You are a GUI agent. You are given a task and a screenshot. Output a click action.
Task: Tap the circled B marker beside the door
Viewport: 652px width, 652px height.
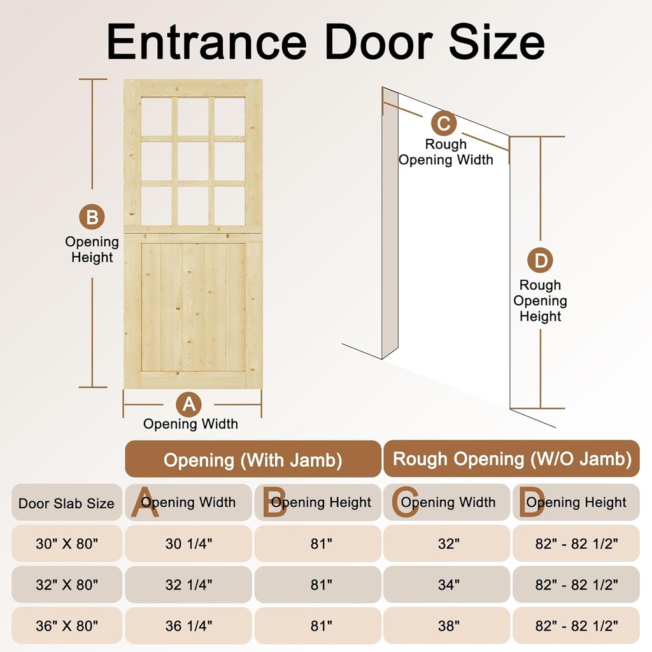tap(92, 217)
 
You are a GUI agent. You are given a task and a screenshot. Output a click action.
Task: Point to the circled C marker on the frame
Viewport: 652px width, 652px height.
tap(444, 122)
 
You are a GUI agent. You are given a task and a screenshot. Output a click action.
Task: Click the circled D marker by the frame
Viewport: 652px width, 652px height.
tap(540, 260)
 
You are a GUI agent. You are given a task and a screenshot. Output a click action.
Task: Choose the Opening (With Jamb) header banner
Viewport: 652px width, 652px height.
tap(253, 460)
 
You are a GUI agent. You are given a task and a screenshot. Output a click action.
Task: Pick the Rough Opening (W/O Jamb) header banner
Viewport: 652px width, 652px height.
tap(512, 459)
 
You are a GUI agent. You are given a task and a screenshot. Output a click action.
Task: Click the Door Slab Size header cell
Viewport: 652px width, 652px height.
tap(66, 503)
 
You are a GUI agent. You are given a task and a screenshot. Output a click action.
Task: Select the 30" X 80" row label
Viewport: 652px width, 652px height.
tap(67, 544)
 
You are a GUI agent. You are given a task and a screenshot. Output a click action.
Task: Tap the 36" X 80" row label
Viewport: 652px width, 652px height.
tap(67, 626)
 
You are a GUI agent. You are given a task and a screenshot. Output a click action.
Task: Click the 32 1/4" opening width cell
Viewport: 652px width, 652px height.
tap(188, 585)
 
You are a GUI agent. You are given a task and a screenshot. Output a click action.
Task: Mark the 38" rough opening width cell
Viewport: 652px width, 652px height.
tap(448, 626)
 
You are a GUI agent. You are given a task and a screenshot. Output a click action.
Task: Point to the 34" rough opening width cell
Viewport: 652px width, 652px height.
tap(448, 585)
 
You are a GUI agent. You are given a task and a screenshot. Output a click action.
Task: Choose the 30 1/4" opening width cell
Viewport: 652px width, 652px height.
tap(188, 544)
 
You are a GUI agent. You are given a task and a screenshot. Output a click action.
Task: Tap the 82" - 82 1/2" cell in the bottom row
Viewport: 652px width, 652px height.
tap(576, 626)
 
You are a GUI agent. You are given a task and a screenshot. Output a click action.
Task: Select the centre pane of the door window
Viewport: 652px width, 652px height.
tap(193, 160)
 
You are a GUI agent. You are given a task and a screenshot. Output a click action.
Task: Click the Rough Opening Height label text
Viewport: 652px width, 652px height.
tap(540, 301)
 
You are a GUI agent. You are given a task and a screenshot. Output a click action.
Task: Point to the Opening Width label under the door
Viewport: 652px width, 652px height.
tap(190, 424)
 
